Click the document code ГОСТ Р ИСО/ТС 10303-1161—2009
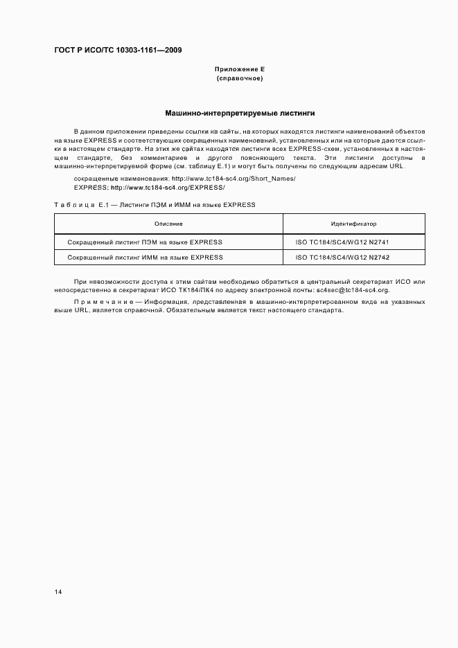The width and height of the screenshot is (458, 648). pos(118,50)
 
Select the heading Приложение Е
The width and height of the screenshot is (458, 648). pos(240,70)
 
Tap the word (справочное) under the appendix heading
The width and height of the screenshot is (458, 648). pos(240,79)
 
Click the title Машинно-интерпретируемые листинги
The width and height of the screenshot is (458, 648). pos(240,112)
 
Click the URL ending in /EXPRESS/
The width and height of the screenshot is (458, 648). pos(168,188)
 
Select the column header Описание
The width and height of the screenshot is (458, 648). pos(168,224)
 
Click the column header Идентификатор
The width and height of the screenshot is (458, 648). pos(353,224)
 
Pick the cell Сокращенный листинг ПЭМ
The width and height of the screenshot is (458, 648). pos(145,242)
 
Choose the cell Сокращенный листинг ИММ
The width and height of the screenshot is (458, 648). pos(145,257)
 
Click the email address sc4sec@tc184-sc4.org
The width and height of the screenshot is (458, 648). pos(353,290)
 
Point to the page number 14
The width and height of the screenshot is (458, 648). pos(58,592)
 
